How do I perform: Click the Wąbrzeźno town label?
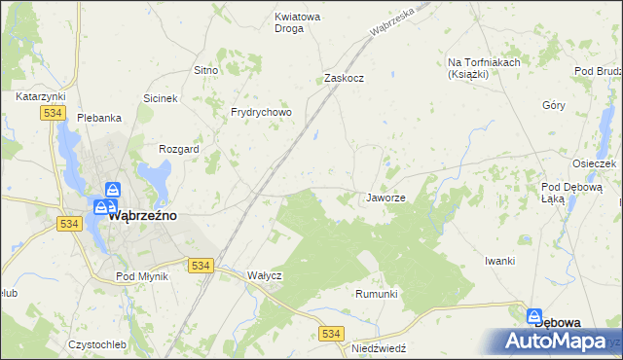(x=142, y=216)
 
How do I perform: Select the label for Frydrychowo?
(x=261, y=112)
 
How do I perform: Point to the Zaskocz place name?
(x=344, y=79)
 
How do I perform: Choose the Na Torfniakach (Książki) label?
(x=484, y=68)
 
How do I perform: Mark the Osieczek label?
(x=595, y=164)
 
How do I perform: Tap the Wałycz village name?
(x=264, y=275)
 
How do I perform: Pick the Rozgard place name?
(x=179, y=150)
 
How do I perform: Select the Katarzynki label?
(x=40, y=97)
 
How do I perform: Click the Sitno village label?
(x=205, y=70)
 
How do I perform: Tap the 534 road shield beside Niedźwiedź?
(x=332, y=334)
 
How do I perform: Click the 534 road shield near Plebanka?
(x=54, y=114)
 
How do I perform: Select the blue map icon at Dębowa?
(x=534, y=317)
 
